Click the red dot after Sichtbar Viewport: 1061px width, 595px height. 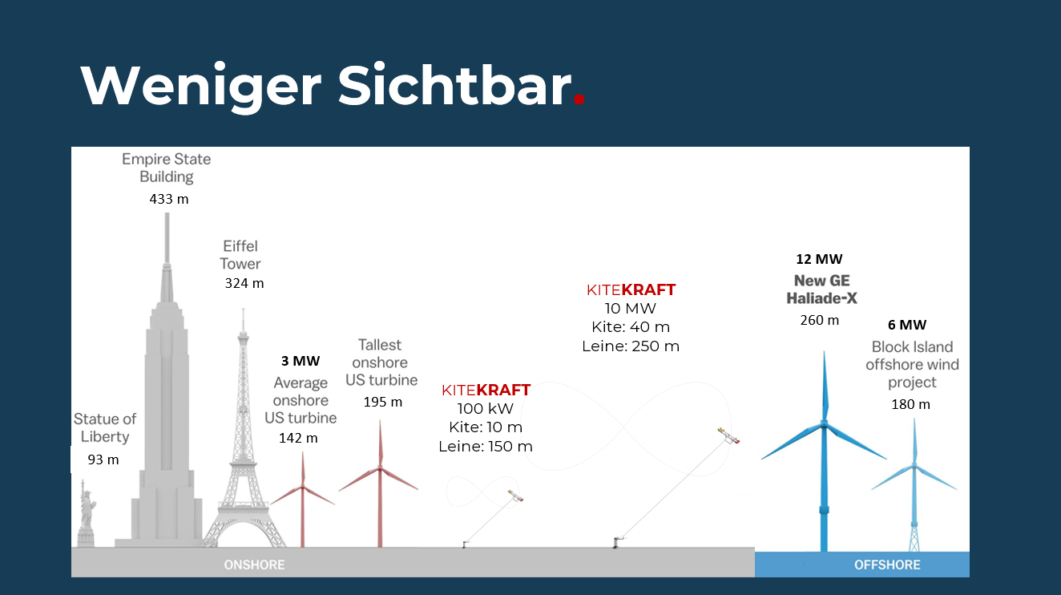[579, 99]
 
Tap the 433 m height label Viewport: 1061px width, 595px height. [169, 199]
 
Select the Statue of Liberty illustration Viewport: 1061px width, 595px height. [87, 513]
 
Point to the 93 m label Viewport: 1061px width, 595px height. [103, 459]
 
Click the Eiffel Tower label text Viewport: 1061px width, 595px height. [240, 255]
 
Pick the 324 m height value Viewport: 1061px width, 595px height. [244, 284]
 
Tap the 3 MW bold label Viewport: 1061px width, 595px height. [301, 362]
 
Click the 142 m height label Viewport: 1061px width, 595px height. [298, 438]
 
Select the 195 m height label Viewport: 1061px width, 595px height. [383, 402]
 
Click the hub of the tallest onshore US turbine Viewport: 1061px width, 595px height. [380, 468]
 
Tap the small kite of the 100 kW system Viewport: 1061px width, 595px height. [515, 496]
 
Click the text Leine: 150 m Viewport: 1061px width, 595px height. [486, 447]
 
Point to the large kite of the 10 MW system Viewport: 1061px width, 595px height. [728, 435]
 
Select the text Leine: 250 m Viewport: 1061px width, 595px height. [631, 346]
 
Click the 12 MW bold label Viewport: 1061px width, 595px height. [820, 259]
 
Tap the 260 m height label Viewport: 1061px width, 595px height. [820, 321]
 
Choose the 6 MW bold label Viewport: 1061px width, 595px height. [907, 326]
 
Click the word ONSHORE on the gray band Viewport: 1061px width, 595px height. [254, 565]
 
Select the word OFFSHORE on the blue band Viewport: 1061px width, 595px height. [887, 565]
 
